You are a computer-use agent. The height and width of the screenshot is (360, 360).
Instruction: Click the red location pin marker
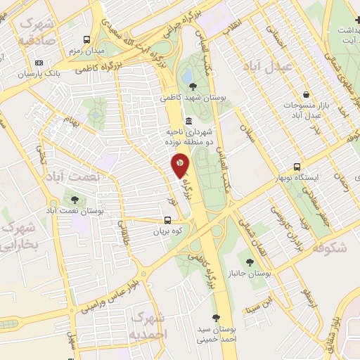click(180, 165)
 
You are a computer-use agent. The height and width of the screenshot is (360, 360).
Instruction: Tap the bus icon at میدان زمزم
click(86, 40)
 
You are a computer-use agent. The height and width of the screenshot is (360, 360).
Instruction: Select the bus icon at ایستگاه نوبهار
click(297, 167)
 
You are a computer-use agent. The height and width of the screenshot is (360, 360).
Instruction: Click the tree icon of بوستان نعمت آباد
click(75, 200)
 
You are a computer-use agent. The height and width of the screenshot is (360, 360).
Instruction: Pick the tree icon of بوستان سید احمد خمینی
click(216, 318)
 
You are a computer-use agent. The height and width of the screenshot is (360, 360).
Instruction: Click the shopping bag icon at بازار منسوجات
click(306, 95)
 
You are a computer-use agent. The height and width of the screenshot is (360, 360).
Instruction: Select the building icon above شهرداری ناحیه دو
click(189, 120)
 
